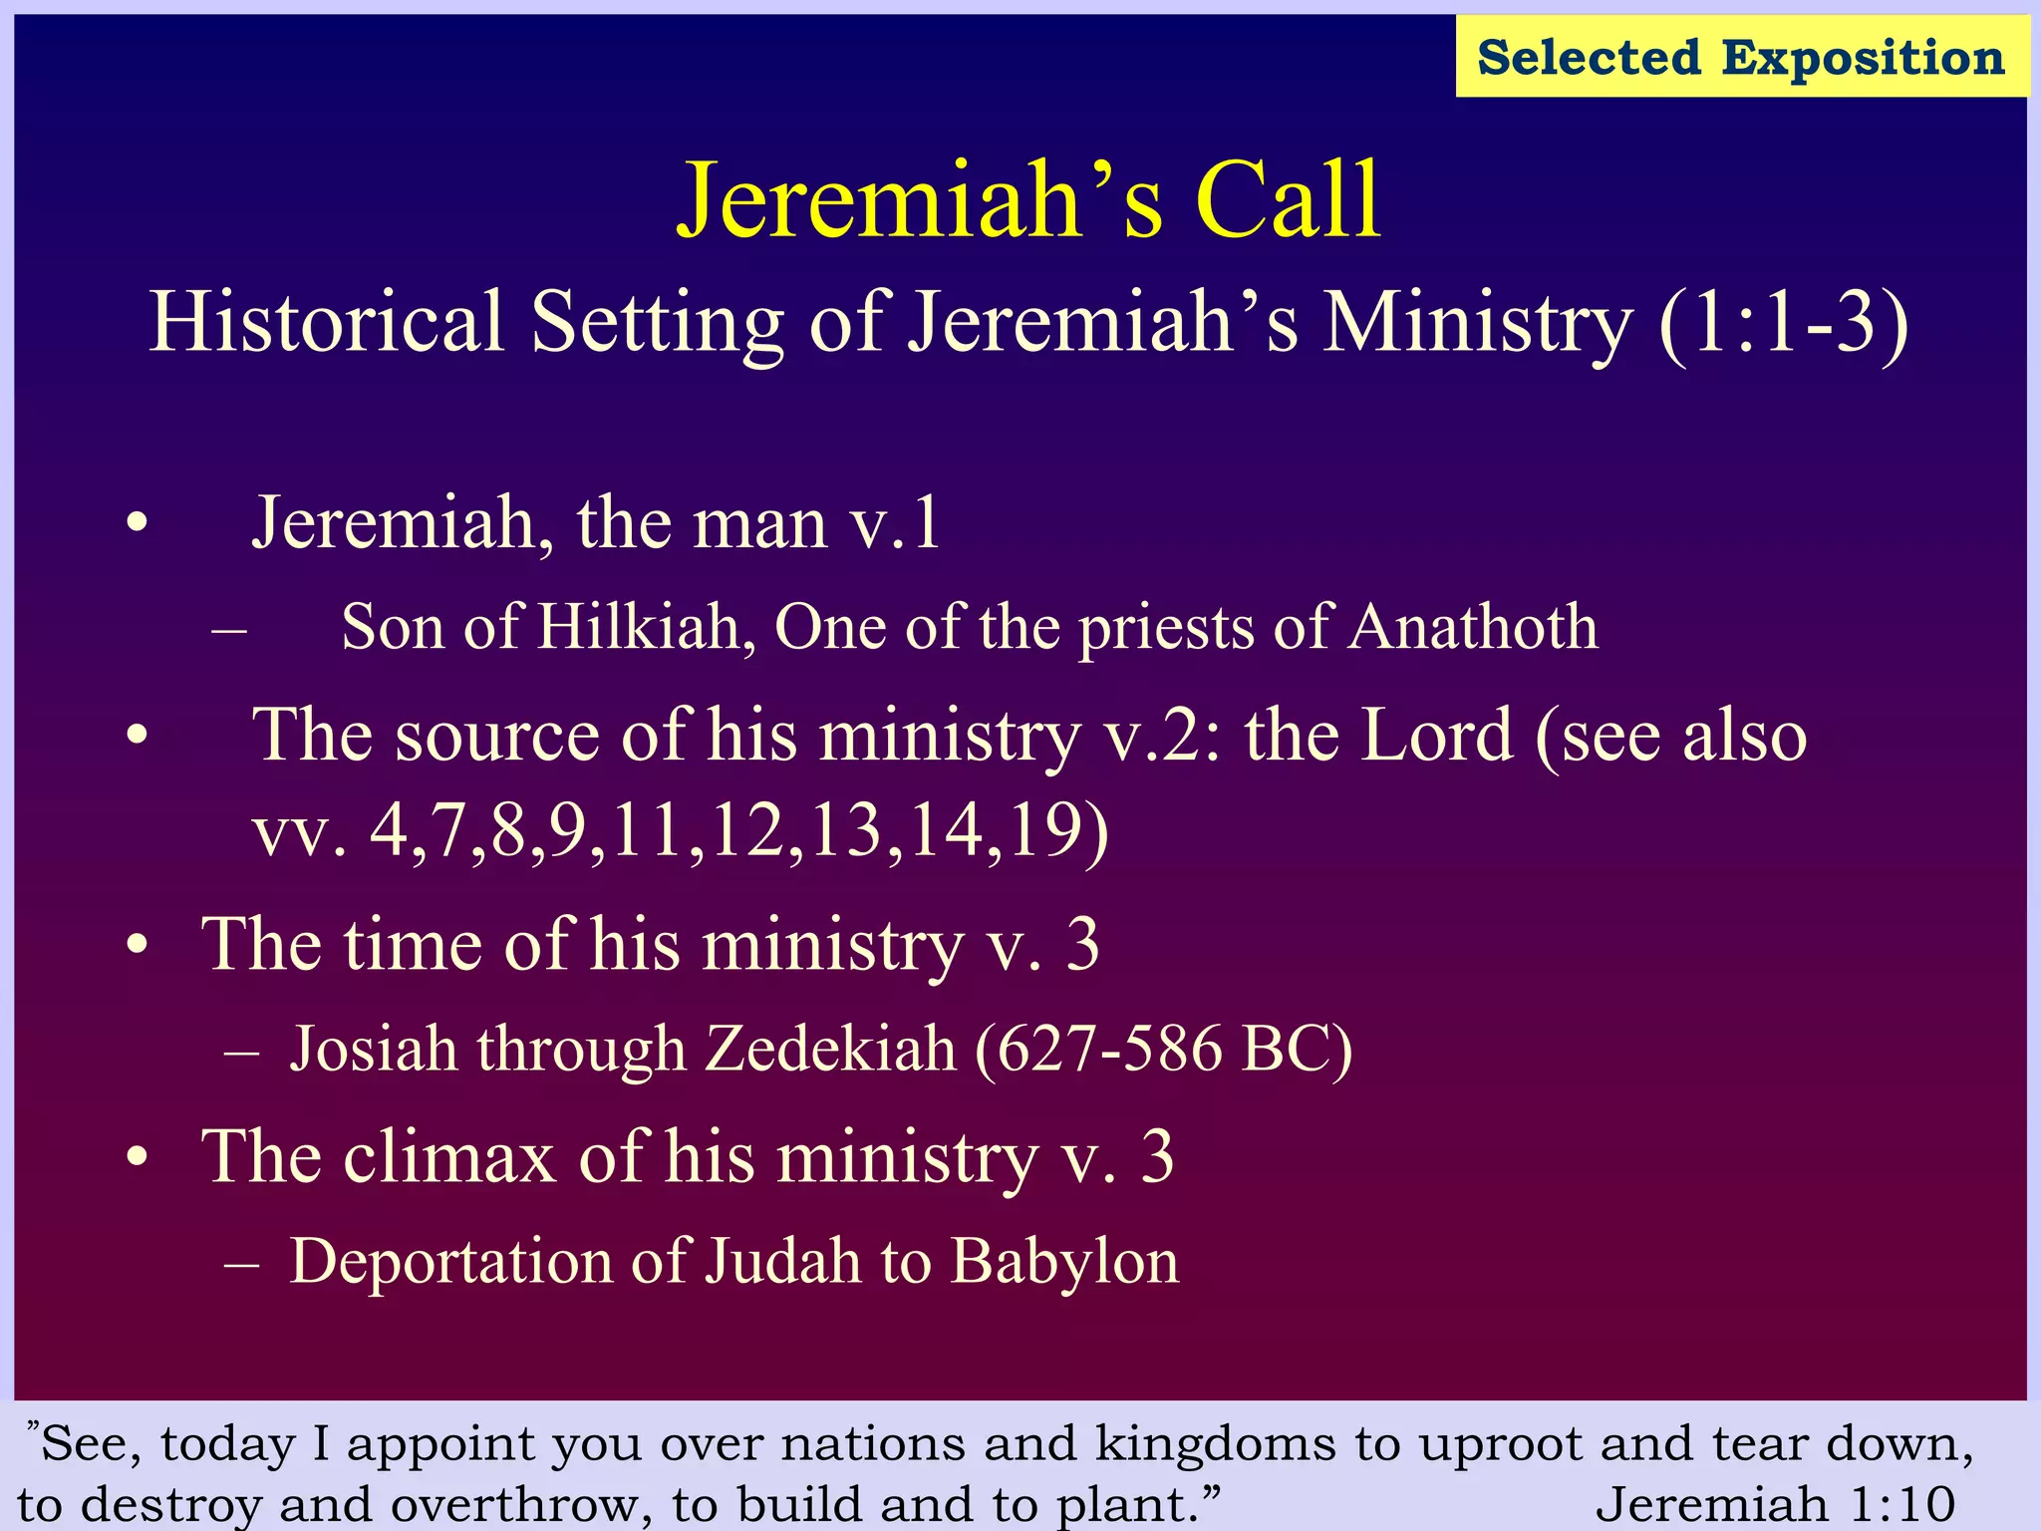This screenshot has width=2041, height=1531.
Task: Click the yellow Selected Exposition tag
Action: point(1741,57)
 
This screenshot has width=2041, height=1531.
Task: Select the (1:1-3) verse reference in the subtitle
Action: point(1783,322)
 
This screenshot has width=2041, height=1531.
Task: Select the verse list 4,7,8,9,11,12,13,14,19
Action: point(738,830)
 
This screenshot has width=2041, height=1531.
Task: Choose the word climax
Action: point(448,1157)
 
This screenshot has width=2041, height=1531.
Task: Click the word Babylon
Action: point(1064,1262)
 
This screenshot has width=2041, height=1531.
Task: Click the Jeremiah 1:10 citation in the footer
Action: point(1775,1504)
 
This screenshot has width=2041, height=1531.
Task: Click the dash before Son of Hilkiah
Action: point(230,630)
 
